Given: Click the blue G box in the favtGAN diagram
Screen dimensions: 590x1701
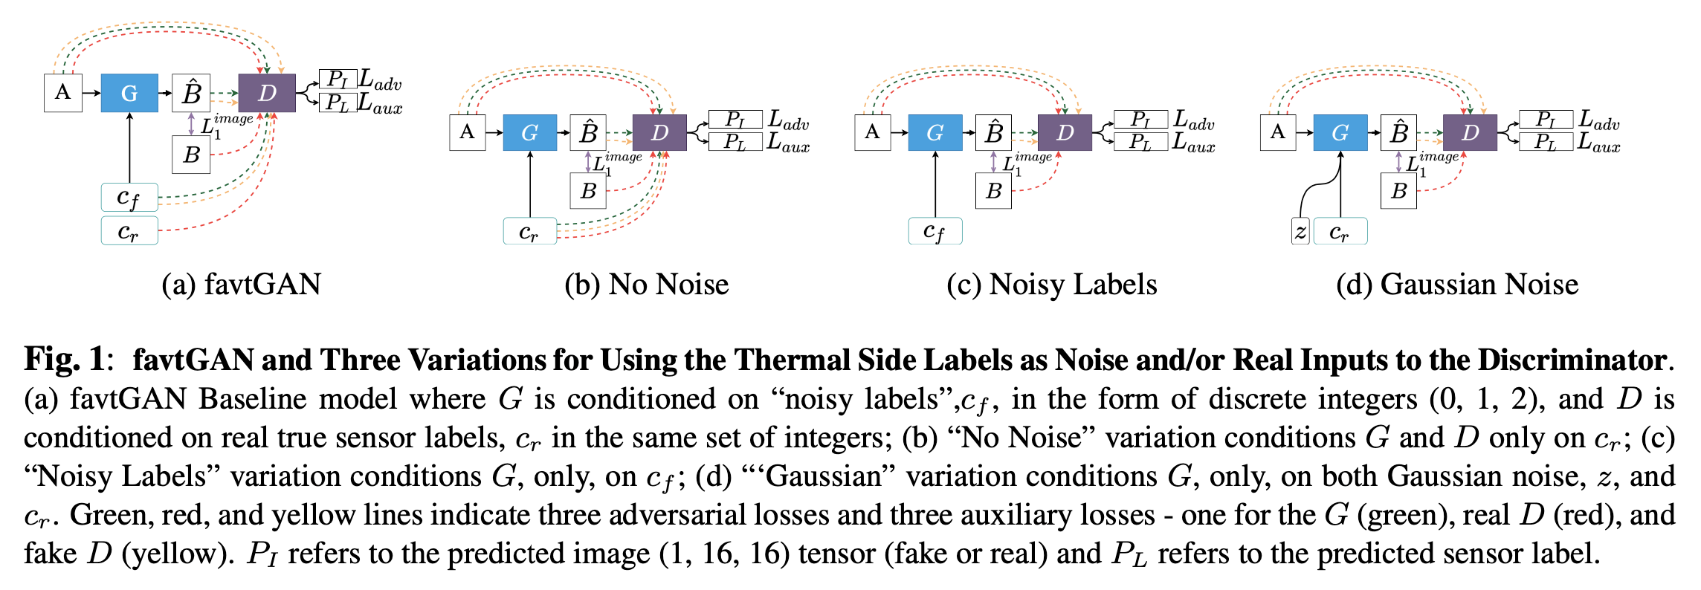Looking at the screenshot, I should [129, 93].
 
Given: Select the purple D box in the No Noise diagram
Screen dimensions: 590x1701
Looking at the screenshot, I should [659, 132].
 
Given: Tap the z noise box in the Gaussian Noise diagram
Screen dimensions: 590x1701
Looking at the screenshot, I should [1300, 231].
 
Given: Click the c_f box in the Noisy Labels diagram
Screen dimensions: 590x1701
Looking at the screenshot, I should [935, 231].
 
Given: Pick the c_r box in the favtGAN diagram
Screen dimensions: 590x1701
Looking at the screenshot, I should [129, 230].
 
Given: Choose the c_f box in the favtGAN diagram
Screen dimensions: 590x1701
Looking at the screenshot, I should [129, 198].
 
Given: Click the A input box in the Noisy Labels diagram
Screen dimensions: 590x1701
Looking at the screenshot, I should [873, 132].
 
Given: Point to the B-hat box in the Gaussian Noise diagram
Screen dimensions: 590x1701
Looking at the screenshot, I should [1398, 132].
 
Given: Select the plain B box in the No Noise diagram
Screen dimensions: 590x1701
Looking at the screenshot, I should [588, 191].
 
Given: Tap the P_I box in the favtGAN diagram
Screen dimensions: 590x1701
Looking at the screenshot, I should [338, 78].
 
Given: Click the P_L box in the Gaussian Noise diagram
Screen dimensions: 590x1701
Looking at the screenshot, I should [1546, 142].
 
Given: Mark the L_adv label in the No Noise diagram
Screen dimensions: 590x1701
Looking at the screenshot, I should [788, 120].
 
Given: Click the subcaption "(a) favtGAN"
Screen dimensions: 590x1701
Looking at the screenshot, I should [242, 285].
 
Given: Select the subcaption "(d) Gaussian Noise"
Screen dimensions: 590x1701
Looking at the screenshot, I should [1457, 285].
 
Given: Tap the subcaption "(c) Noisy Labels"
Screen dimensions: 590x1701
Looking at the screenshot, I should [1052, 285].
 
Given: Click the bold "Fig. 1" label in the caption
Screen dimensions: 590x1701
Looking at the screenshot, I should [65, 360].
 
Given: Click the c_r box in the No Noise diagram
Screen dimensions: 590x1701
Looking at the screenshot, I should [530, 231].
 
